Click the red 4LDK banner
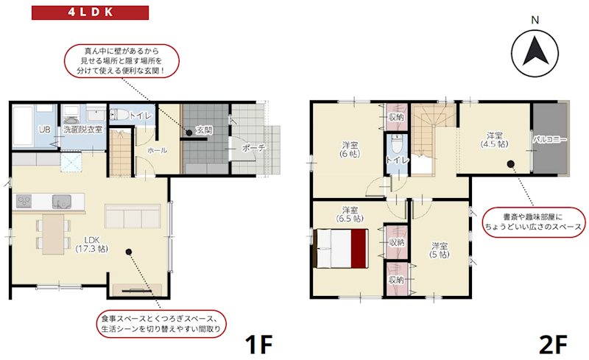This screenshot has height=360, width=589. pyautogui.click(x=90, y=13)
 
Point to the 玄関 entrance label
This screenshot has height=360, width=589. pyautogui.click(x=204, y=130)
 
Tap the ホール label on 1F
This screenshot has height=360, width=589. pyautogui.click(x=157, y=150)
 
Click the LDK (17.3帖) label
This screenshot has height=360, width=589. pyautogui.click(x=91, y=244)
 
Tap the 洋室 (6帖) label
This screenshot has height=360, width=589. pyautogui.click(x=350, y=149)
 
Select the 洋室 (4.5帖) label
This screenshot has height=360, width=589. pyautogui.click(x=495, y=140)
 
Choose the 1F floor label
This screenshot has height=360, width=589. pyautogui.click(x=258, y=343)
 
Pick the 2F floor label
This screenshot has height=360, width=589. pyautogui.click(x=553, y=343)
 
